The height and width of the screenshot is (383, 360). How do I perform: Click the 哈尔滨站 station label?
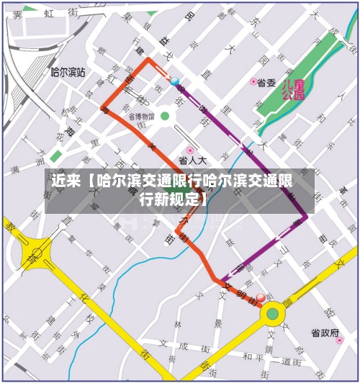[x=68, y=73]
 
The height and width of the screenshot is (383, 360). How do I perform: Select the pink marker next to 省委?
[x=253, y=82]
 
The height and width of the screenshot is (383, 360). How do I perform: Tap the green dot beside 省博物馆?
[x=165, y=116]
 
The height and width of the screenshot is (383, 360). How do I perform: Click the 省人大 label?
[x=192, y=161]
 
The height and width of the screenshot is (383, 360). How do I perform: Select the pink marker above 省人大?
[x=191, y=150]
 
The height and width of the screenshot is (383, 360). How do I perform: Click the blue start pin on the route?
[x=174, y=81]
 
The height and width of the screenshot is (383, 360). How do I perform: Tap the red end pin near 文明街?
[x=261, y=297]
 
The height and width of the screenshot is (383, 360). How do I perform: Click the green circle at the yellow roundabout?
[x=272, y=313]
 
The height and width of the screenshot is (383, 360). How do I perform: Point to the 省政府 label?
[x=325, y=333]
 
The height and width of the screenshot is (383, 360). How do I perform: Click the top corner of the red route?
[x=149, y=59]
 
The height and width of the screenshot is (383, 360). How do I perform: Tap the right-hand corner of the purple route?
[x=307, y=216]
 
